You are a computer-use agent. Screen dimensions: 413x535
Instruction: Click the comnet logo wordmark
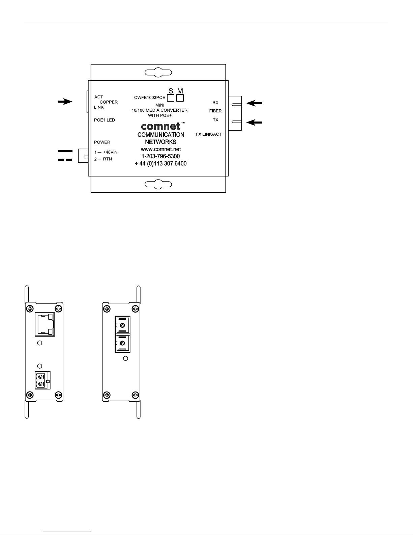[x=161, y=126]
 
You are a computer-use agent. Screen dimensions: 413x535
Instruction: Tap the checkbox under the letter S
[x=171, y=98]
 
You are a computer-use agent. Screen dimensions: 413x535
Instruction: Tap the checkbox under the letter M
[x=180, y=98]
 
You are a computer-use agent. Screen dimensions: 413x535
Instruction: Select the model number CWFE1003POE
[x=149, y=98]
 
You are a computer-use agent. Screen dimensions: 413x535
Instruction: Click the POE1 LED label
[x=104, y=120]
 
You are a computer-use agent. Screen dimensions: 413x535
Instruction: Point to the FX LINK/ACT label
[x=208, y=134]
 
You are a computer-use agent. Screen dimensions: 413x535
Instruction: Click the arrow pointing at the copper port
[x=65, y=102]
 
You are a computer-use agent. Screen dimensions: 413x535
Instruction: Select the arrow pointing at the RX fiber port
[x=254, y=103]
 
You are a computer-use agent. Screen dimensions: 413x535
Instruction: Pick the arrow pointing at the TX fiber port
[x=254, y=123]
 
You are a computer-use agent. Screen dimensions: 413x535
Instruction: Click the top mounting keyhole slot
[x=158, y=72]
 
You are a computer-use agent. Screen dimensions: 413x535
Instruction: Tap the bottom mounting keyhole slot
[x=158, y=184]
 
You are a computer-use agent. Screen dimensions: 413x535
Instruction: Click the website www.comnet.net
[x=161, y=149]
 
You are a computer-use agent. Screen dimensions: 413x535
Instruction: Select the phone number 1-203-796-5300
[x=160, y=156]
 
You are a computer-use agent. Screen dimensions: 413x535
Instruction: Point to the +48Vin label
[x=110, y=152]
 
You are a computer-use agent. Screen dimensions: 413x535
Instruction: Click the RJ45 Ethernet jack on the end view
[x=45, y=324]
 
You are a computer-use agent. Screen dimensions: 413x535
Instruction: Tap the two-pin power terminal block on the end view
[x=42, y=380]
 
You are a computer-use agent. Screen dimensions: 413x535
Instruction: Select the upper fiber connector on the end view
[x=122, y=325]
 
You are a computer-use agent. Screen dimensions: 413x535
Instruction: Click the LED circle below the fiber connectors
[x=125, y=358]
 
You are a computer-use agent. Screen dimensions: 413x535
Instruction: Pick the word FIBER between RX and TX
[x=215, y=111]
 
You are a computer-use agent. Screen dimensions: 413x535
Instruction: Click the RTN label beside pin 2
[x=108, y=159]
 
